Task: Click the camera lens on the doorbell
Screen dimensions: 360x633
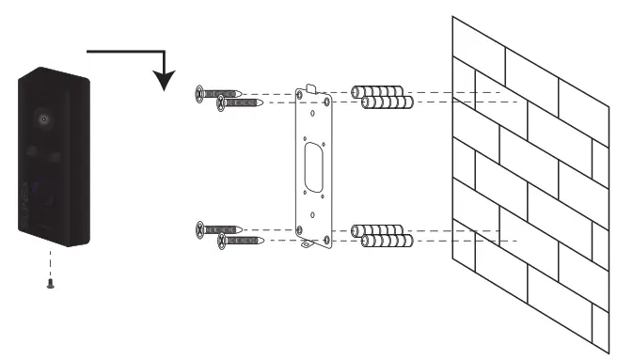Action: tap(44, 120)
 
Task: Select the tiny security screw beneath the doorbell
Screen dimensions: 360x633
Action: tap(49, 285)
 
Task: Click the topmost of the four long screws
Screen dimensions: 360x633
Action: tap(220, 93)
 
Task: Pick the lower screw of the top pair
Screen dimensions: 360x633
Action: tap(241, 103)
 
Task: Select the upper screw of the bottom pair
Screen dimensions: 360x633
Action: tap(220, 229)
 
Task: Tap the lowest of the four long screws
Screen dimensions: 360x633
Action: tap(241, 241)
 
